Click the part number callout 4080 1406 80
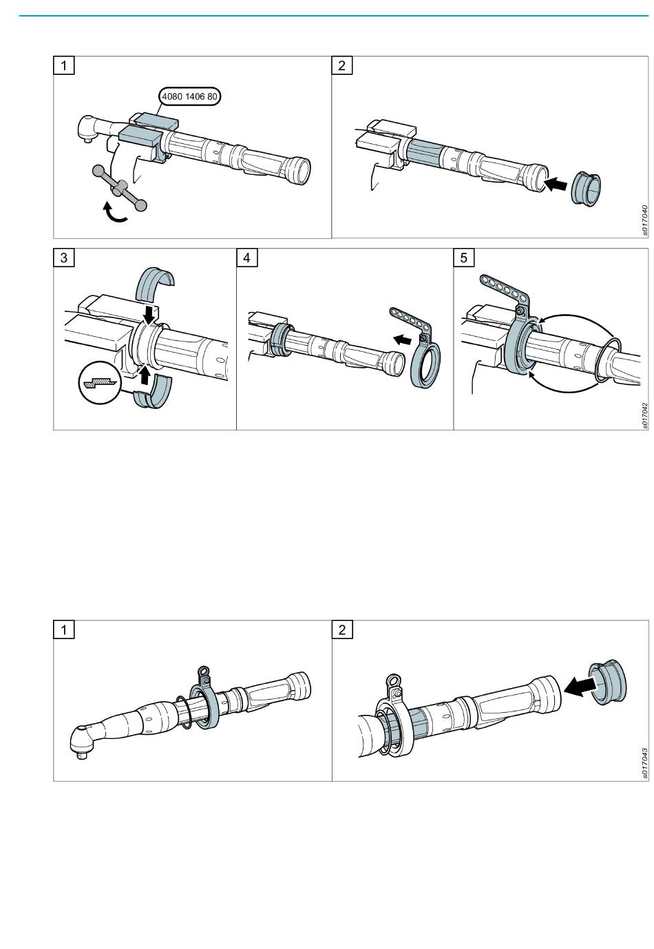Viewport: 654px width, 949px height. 189,97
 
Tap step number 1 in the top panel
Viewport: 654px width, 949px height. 64,65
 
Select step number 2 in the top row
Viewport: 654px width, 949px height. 341,65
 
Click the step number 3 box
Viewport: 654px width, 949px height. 64,258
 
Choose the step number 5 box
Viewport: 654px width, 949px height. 463,258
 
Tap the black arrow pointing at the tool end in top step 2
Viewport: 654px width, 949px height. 557,184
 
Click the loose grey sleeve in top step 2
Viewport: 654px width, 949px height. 587,189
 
